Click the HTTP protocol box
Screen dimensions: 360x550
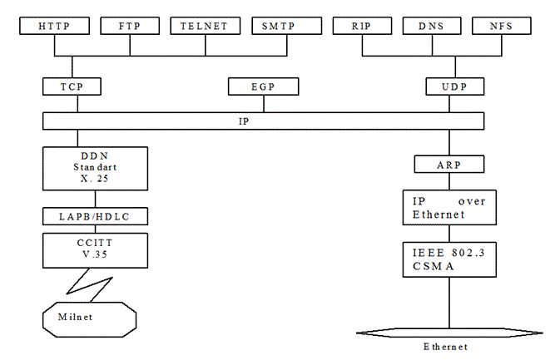(54, 26)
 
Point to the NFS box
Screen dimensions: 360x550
(502, 26)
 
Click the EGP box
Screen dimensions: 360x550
(263, 86)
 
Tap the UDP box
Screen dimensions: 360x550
(453, 86)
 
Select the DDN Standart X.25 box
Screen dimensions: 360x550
(96, 169)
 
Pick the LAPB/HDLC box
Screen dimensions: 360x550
(96, 216)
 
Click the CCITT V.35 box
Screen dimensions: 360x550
(96, 249)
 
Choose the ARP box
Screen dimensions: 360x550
(448, 165)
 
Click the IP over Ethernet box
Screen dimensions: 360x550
(449, 207)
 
